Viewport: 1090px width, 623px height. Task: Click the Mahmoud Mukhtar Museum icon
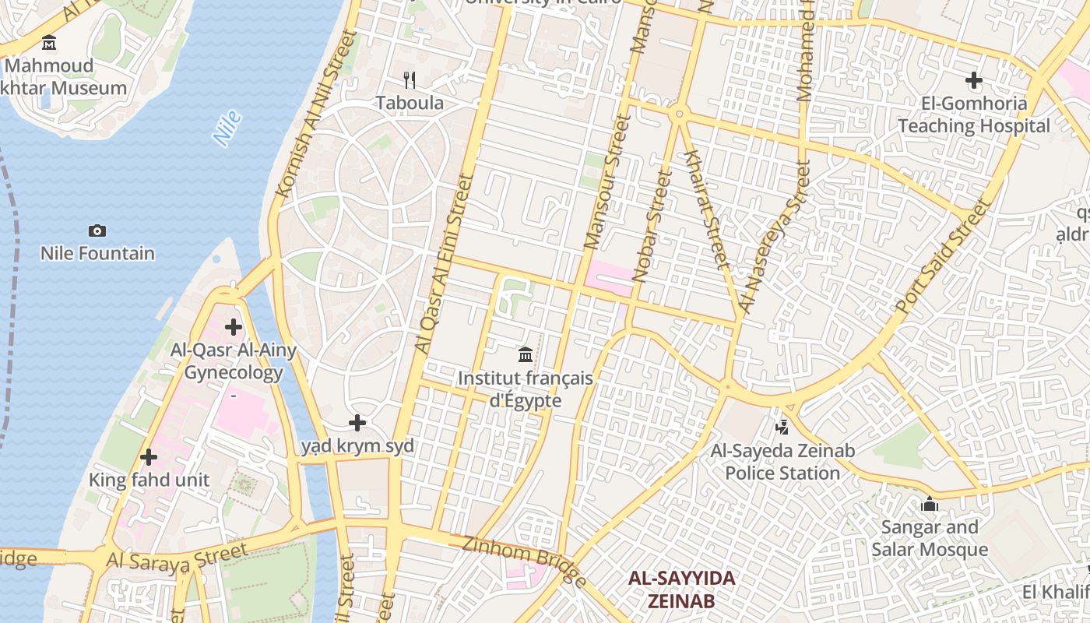tap(50, 42)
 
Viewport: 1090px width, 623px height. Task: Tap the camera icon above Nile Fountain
tap(97, 231)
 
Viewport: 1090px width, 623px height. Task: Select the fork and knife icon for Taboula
tap(410, 79)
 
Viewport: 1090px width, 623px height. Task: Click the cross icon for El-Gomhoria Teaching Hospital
tap(973, 80)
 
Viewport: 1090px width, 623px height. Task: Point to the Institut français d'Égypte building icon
tap(526, 355)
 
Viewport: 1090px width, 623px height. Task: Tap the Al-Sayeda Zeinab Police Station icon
tap(782, 427)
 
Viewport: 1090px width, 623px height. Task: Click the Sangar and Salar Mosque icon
tap(930, 505)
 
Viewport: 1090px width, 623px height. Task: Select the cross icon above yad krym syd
tap(357, 423)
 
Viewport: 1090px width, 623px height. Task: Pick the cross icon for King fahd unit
tap(149, 457)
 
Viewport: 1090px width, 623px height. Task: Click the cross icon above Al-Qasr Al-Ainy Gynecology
tap(233, 327)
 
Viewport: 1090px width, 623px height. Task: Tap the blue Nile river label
tap(227, 128)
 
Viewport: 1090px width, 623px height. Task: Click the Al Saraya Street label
tap(178, 558)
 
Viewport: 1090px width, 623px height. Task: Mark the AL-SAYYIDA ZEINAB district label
tap(682, 590)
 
